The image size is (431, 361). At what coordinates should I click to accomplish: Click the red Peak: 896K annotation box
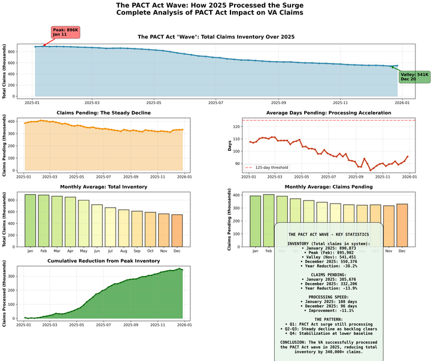[65, 32]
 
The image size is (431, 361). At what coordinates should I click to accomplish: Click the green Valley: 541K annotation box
[414, 77]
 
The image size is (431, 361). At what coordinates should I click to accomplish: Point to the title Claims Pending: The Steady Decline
[104, 113]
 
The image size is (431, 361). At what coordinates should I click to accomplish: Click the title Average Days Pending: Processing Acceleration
[327, 113]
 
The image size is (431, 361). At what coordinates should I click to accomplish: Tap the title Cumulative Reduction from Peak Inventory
[104, 261]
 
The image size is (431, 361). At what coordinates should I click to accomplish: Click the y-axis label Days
[229, 146]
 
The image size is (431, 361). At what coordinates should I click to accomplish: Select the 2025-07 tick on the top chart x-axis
[216, 102]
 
